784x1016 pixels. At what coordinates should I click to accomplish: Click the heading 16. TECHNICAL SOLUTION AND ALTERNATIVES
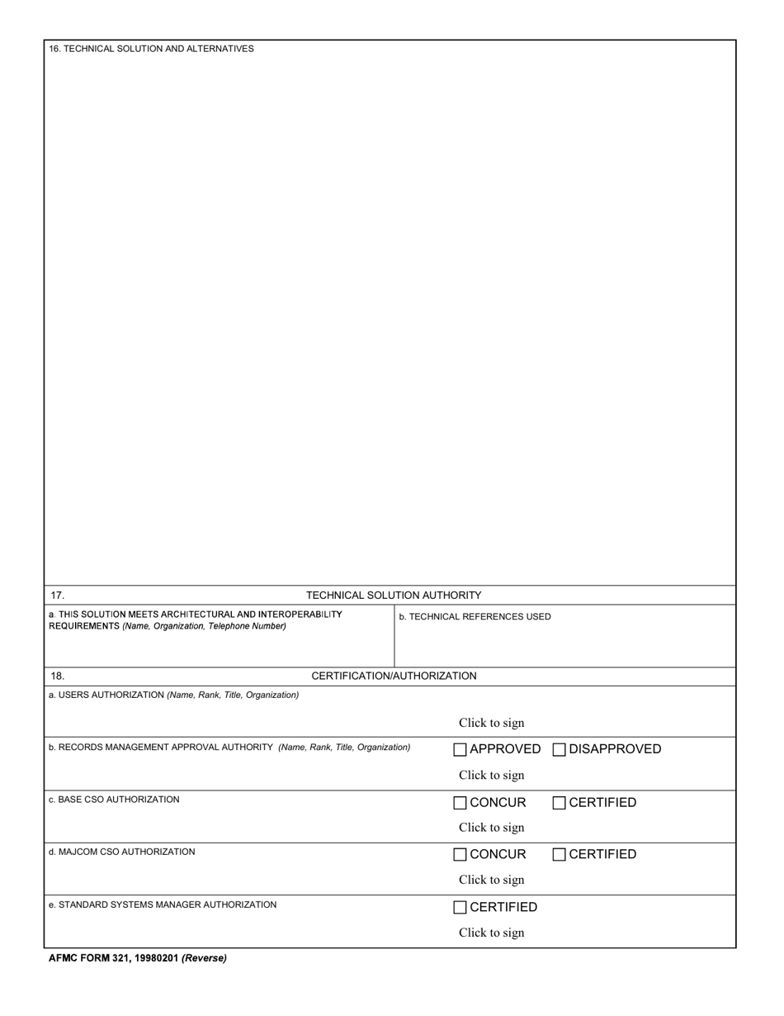[151, 49]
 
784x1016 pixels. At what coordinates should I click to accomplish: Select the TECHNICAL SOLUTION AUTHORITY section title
[394, 595]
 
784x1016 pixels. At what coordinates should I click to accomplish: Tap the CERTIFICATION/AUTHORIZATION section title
[394, 676]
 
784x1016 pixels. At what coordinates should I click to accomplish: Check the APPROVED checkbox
[460, 750]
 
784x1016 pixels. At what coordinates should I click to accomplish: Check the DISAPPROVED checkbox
[559, 750]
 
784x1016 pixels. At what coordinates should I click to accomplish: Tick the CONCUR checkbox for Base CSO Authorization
[460, 803]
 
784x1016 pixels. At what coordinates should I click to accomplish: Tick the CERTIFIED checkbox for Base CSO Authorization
[559, 803]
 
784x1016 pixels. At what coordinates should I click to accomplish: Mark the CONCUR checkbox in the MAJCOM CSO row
[460, 855]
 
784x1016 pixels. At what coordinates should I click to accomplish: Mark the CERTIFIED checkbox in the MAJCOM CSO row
[559, 855]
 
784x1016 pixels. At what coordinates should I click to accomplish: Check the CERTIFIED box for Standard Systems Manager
[460, 908]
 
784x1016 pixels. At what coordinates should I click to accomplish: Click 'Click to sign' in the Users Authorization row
[491, 723]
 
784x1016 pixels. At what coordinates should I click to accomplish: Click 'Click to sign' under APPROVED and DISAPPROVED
[491, 775]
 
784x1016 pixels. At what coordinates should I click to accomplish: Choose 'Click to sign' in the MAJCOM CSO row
[491, 880]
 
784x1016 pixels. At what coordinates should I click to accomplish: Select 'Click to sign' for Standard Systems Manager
[491, 933]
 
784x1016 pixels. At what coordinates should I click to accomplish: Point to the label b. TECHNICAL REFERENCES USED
[475, 616]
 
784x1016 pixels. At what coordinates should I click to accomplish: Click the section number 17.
[57, 595]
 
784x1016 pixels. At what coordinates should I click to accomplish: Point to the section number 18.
[57, 676]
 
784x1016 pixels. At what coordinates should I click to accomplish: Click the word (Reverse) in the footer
[204, 958]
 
